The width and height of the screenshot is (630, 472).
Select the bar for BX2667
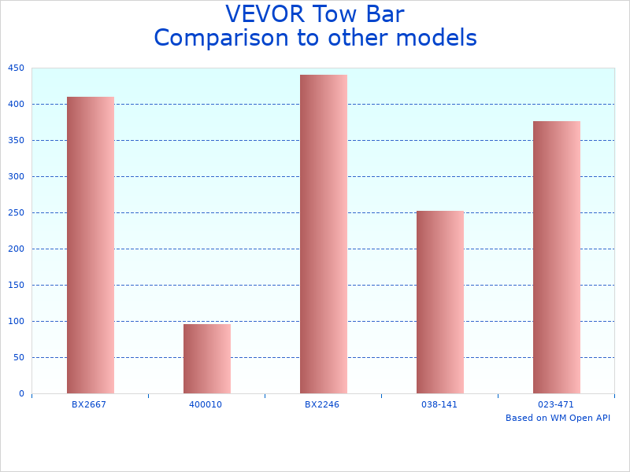point(90,245)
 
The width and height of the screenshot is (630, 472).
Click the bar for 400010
point(206,359)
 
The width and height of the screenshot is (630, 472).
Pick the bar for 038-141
point(439,302)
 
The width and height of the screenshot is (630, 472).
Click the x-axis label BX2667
point(89,404)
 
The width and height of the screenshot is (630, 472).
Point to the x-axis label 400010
point(206,404)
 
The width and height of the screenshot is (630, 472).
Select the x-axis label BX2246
point(322,404)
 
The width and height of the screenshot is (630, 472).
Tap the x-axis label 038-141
point(439,404)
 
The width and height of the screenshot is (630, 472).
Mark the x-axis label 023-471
point(556,404)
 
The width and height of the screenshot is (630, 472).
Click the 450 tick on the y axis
point(16,68)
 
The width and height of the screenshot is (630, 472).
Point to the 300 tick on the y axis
point(16,177)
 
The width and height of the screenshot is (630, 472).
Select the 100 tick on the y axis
point(16,322)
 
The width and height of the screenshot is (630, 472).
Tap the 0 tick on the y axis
point(21,394)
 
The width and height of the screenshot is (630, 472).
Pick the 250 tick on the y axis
point(16,213)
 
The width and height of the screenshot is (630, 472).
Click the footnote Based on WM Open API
point(558,418)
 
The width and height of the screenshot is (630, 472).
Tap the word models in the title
point(438,38)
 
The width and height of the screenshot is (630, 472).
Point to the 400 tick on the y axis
point(16,105)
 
